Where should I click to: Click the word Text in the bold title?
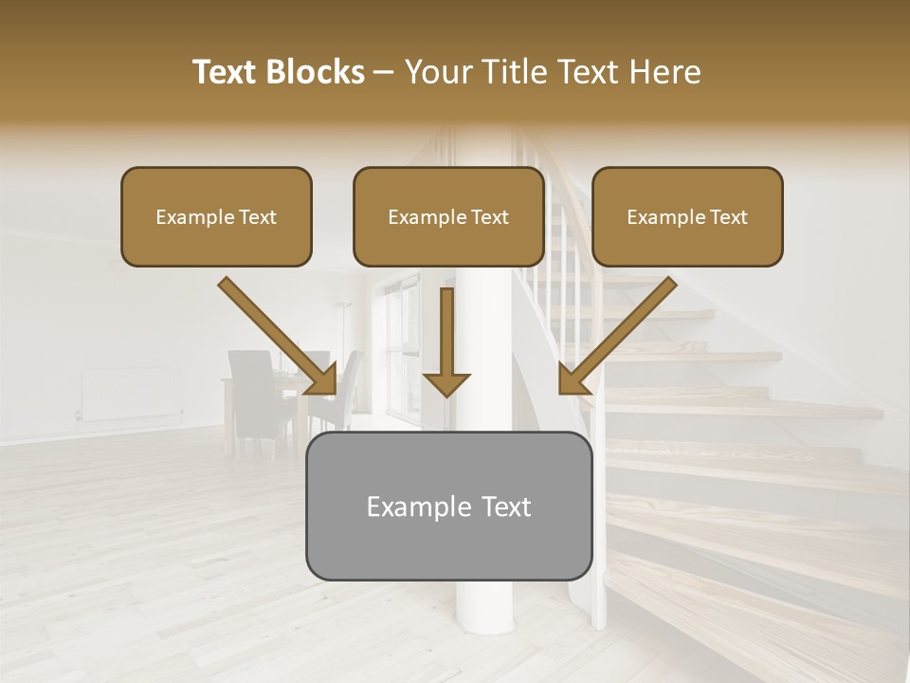point(225,72)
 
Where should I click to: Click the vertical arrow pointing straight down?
point(447,332)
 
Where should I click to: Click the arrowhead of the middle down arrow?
point(447,383)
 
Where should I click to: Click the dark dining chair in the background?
point(251,394)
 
